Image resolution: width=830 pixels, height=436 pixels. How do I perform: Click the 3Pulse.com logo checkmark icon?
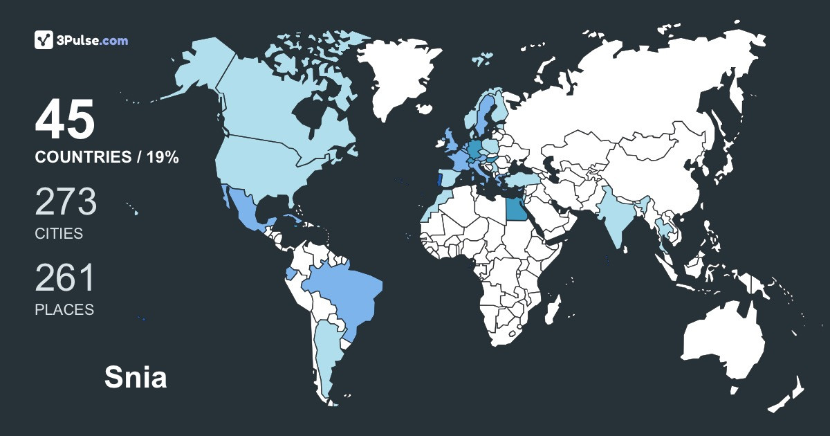(x=44, y=40)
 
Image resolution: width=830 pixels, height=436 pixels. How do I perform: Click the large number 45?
(x=65, y=120)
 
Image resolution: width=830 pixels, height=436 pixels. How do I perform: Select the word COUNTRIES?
(x=82, y=158)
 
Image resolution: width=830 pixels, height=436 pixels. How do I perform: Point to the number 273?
(x=66, y=202)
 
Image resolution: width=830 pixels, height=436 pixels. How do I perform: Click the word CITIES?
(x=59, y=234)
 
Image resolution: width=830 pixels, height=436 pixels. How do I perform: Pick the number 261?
(x=64, y=278)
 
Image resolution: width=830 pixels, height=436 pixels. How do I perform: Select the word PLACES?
(x=64, y=309)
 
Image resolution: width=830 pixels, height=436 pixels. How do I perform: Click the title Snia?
(x=136, y=378)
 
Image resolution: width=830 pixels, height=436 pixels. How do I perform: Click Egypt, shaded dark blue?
(x=515, y=207)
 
